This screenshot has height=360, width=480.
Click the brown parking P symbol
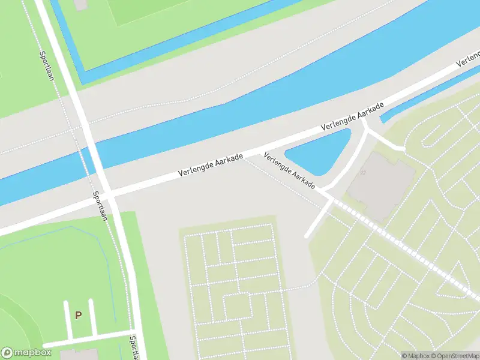(x=78, y=314)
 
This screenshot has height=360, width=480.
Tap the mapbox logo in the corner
(x=25, y=352)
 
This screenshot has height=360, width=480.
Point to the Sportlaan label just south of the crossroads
(x=100, y=206)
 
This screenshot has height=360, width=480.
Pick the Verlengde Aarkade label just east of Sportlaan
(x=211, y=166)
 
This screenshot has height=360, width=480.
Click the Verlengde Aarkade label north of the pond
(x=352, y=118)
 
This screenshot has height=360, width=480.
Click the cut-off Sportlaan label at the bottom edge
(x=134, y=348)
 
